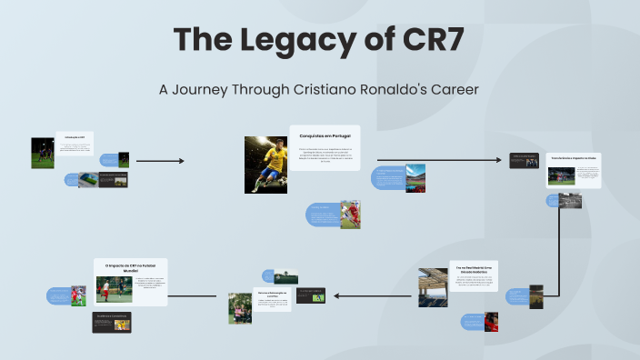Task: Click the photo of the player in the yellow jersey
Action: coord(265,165)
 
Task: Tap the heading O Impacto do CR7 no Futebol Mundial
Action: coord(131,268)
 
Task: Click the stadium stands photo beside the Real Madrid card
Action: coord(433,287)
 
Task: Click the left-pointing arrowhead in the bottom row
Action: coord(335,295)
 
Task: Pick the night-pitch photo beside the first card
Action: coord(43,153)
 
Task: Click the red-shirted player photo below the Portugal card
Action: coord(350,215)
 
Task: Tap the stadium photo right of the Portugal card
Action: coord(415,177)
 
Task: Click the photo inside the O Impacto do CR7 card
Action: coord(115,291)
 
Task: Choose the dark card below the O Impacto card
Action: coord(112,322)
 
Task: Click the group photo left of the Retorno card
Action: coord(240,308)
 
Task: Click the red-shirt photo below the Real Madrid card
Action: coord(491,321)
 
